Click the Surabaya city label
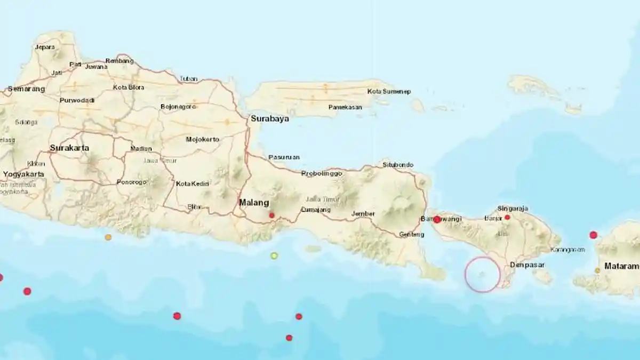pyautogui.click(x=270, y=119)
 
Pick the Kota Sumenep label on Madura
pyautogui.click(x=389, y=92)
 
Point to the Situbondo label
pyautogui.click(x=398, y=165)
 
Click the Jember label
pyautogui.click(x=363, y=214)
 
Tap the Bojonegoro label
pyautogui.click(x=179, y=107)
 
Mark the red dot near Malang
pyautogui.click(x=272, y=215)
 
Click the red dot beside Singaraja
pyautogui.click(x=507, y=217)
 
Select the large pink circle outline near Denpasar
pyautogui.click(x=482, y=274)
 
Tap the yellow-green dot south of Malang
pyautogui.click(x=274, y=255)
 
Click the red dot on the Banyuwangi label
pyautogui.click(x=437, y=219)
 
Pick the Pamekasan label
pyautogui.click(x=345, y=107)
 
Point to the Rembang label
pyautogui.click(x=119, y=61)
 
